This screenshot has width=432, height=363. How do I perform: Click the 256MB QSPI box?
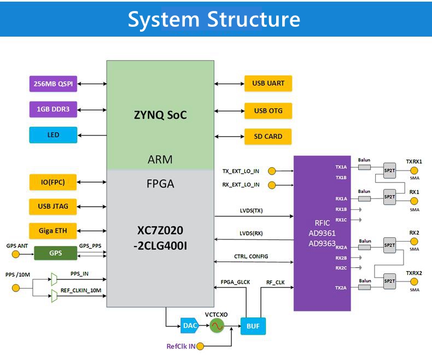[x=53, y=84]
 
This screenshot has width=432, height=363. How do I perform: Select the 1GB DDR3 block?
[x=53, y=109]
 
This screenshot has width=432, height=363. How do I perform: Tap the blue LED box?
[x=53, y=134]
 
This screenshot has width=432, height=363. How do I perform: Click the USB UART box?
[x=268, y=84]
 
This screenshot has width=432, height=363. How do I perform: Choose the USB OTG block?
[x=268, y=110]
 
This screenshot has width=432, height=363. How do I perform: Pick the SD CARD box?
[x=268, y=136]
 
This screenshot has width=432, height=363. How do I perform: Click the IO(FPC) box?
[x=53, y=182]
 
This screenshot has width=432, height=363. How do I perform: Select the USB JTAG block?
[x=53, y=206]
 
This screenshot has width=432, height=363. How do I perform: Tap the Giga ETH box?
[x=53, y=231]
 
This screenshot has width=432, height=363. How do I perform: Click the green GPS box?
[x=55, y=254]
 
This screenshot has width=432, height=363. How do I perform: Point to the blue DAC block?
[x=190, y=326]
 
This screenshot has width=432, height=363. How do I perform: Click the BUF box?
[x=253, y=326]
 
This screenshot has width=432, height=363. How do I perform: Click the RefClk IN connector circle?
[x=200, y=346]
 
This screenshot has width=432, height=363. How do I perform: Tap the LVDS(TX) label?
[x=251, y=210]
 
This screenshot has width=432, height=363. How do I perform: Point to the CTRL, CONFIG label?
[x=251, y=256]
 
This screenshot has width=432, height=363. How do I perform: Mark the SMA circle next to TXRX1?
[x=414, y=171]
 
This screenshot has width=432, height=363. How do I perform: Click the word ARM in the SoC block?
[x=160, y=160]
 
